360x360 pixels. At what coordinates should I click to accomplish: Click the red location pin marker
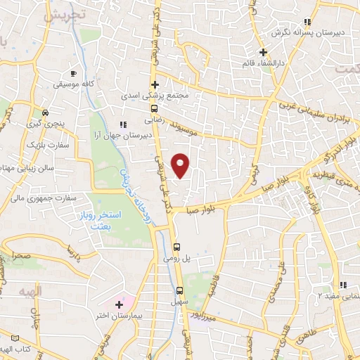coord(181,165)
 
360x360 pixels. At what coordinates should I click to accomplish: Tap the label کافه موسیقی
coord(76,83)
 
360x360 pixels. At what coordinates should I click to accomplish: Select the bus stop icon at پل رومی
coord(177,247)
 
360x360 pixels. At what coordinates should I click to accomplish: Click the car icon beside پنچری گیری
coord(45,112)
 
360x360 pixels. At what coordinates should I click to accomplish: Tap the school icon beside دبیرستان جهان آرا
coord(124,125)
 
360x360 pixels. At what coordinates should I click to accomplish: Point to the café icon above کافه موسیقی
coord(73,72)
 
